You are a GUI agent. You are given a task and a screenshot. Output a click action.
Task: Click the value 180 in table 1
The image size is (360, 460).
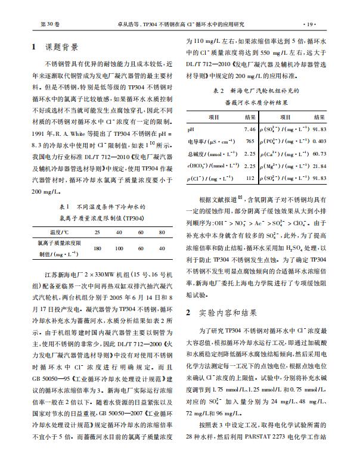pos(98,247)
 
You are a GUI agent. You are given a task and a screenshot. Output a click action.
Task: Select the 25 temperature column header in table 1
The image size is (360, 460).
pos(98,232)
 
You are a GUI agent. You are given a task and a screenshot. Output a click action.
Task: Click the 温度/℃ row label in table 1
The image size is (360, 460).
pos(56,232)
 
